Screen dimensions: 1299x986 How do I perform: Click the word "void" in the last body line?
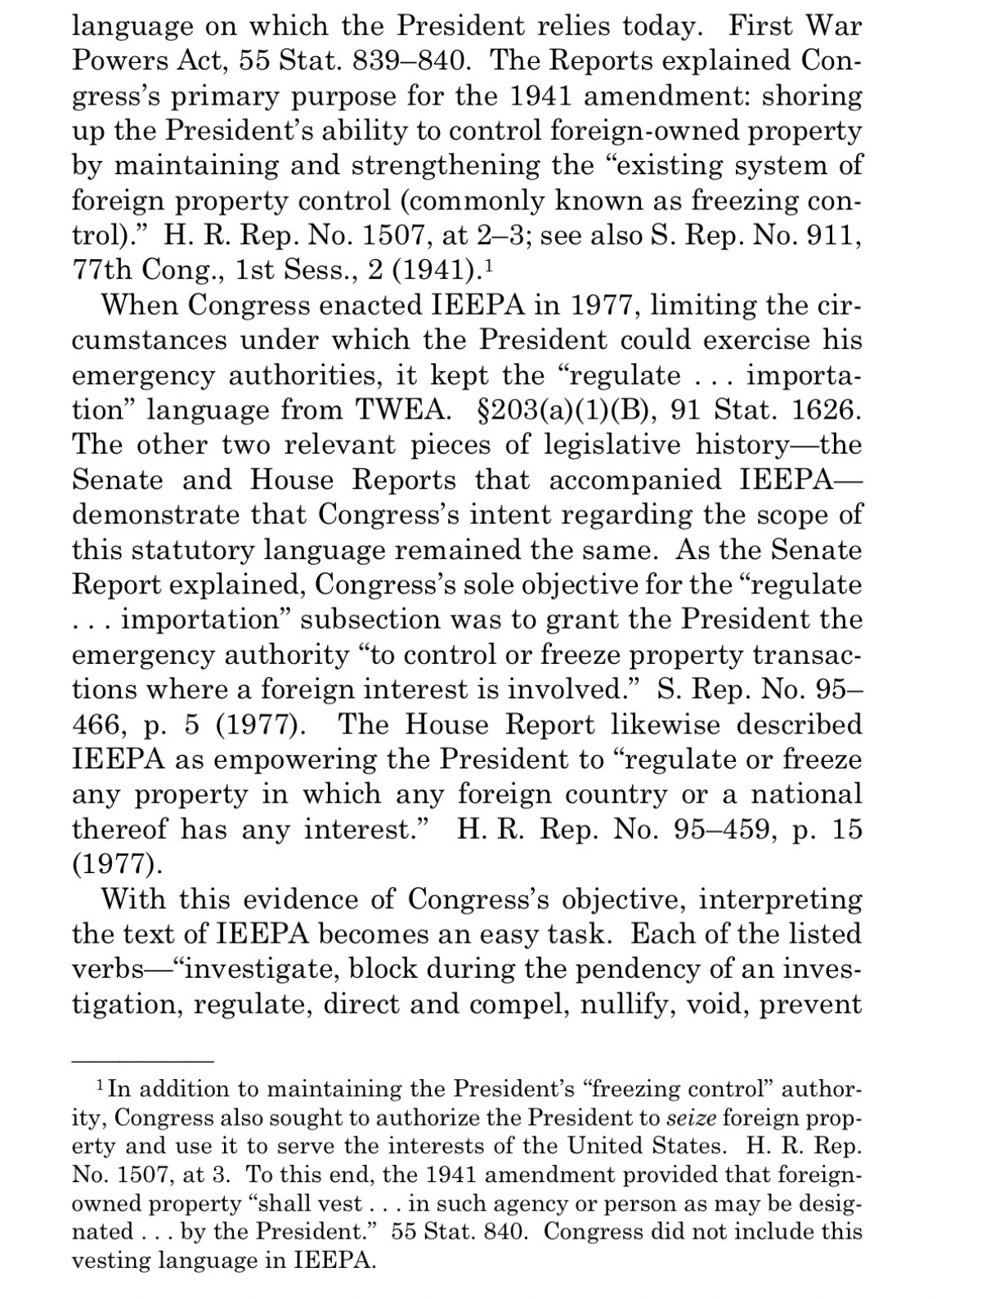(719, 1004)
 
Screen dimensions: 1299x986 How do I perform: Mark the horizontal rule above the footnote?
(142, 1061)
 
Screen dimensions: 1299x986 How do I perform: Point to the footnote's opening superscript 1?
(100, 1086)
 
